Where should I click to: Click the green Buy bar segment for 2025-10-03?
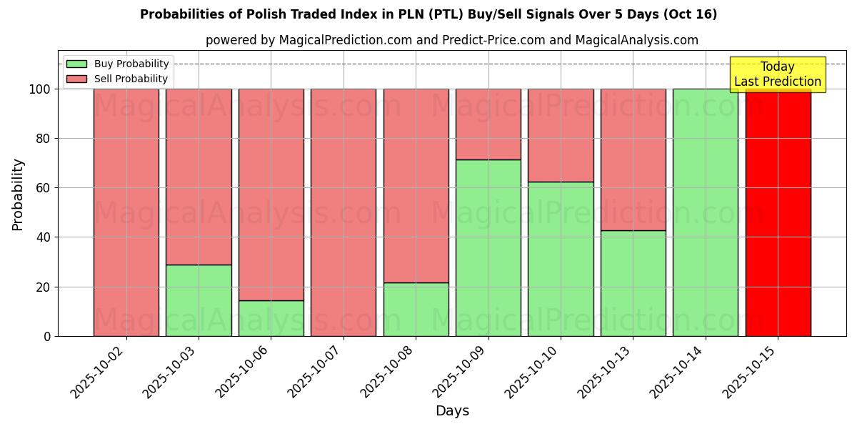pyautogui.click(x=199, y=300)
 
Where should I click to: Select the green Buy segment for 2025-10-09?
pyautogui.click(x=488, y=247)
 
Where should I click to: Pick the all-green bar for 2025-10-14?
pyautogui.click(x=706, y=212)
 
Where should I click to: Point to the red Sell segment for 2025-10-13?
pyautogui.click(x=633, y=159)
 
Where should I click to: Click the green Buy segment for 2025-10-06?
pyautogui.click(x=271, y=318)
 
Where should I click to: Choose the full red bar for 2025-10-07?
pyautogui.click(x=344, y=212)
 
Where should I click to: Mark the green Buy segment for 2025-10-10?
pyautogui.click(x=561, y=259)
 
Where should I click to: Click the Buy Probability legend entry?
pyautogui.click(x=118, y=64)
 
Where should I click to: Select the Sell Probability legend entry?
pyautogui.click(x=118, y=79)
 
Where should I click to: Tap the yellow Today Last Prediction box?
pyautogui.click(x=778, y=74)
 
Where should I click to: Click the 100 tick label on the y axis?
pyautogui.click(x=39, y=89)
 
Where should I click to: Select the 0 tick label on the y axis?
pyautogui.click(x=48, y=336)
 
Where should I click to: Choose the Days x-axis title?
pyautogui.click(x=452, y=411)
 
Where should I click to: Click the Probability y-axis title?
pyautogui.click(x=18, y=194)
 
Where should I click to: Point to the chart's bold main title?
pyautogui.click(x=428, y=14)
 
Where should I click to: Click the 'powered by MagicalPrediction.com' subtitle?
pyautogui.click(x=452, y=40)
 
